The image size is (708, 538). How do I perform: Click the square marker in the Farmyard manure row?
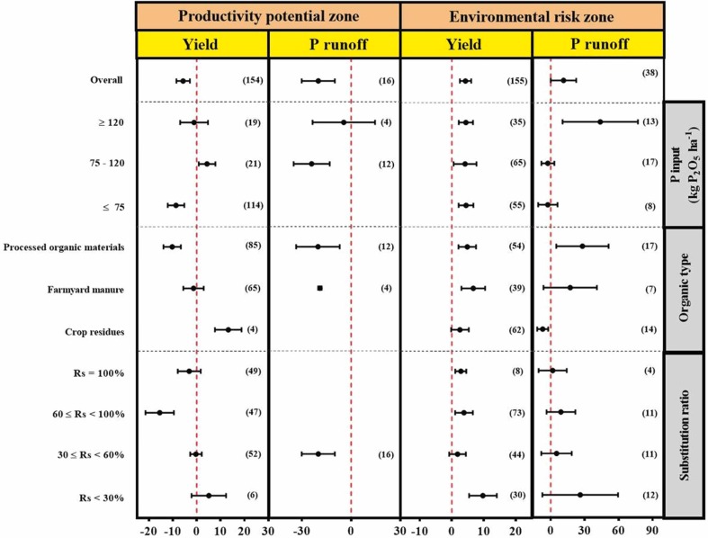pyautogui.click(x=319, y=288)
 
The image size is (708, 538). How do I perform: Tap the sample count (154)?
pyautogui.click(x=253, y=81)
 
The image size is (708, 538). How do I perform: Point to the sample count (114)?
pyautogui.click(x=253, y=206)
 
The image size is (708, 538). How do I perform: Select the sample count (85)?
pyautogui.click(x=253, y=246)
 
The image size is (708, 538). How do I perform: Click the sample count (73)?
pyautogui.click(x=515, y=412)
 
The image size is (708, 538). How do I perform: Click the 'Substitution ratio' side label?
pyautogui.click(x=685, y=434)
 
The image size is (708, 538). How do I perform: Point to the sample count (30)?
pyautogui.click(x=515, y=496)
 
